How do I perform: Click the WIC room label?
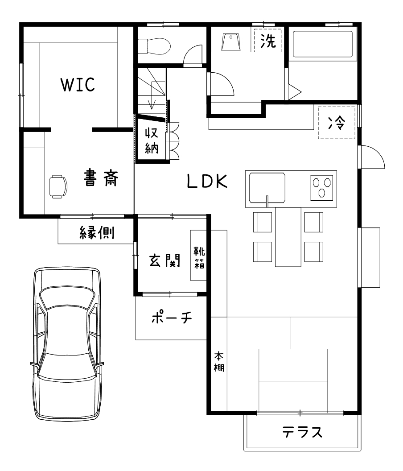click(78, 84)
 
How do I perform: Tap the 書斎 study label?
click(101, 178)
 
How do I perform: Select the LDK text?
click(207, 181)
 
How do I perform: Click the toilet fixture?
click(154, 46)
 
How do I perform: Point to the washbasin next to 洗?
click(231, 42)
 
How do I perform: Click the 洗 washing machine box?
click(268, 41)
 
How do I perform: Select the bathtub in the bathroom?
click(323, 44)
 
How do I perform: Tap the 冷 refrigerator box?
click(337, 123)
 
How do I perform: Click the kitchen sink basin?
click(267, 188)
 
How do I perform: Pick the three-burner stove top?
click(322, 188)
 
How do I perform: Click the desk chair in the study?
click(58, 186)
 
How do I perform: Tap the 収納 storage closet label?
click(152, 140)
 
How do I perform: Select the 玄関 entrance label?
click(165, 260)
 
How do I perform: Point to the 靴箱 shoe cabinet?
click(198, 255)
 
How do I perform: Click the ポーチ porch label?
click(172, 318)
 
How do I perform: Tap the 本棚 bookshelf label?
click(219, 362)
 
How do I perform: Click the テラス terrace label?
click(302, 432)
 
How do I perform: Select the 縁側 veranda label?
click(97, 233)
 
